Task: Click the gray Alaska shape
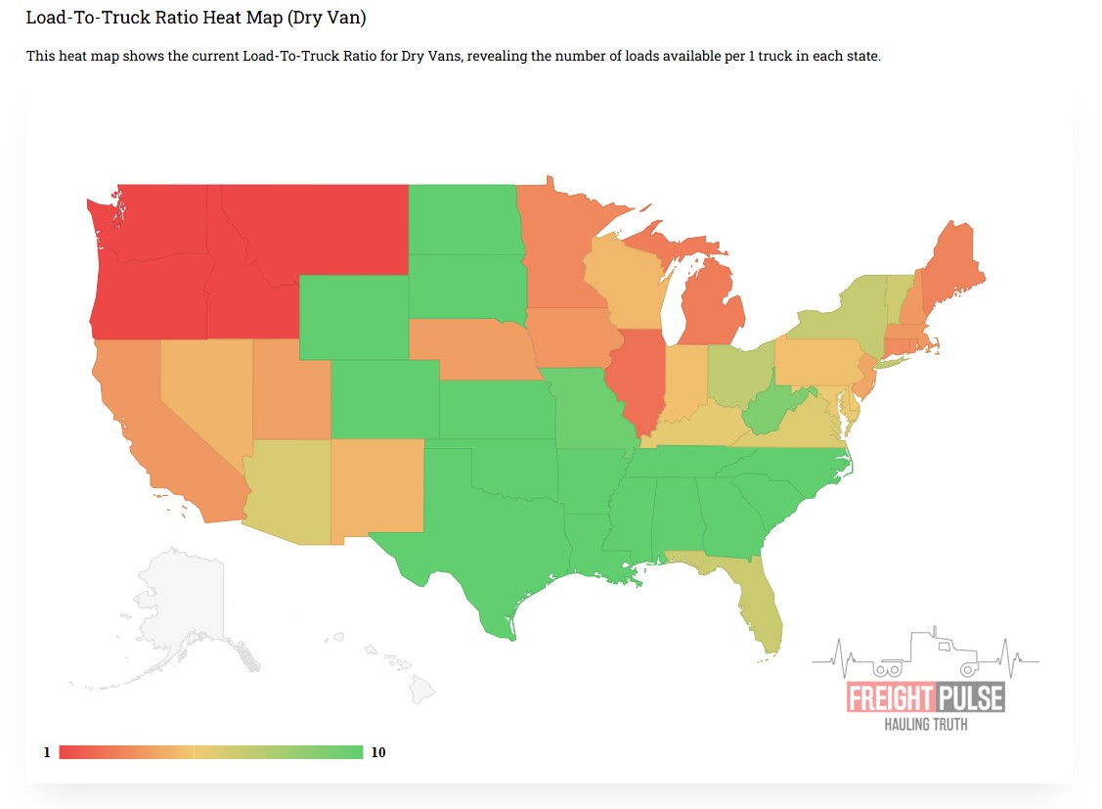[x=186, y=607]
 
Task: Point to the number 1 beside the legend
[x=46, y=752]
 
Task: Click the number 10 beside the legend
[x=378, y=752]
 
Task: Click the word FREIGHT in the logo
[x=889, y=698]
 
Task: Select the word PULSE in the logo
[x=968, y=698]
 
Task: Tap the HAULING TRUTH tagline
[x=926, y=725]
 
